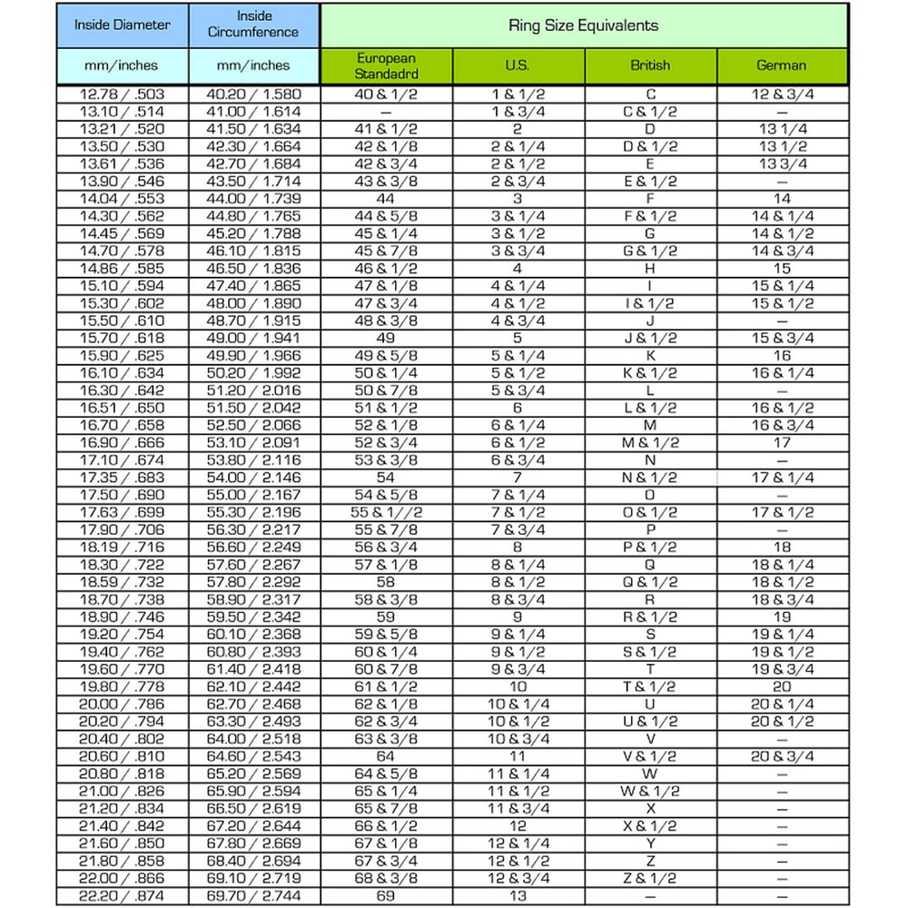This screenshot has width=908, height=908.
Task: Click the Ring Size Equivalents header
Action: click(584, 25)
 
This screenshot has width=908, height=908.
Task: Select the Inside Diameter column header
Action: click(123, 25)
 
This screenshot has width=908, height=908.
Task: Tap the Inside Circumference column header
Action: click(254, 25)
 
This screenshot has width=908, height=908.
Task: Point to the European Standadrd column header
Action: click(386, 65)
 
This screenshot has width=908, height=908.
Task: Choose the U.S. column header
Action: click(518, 65)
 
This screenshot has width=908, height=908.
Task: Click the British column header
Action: click(650, 65)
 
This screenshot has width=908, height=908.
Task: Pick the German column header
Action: click(782, 65)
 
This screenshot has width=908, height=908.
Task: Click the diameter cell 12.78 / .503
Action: click(123, 94)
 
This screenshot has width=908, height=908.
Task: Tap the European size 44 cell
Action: click(386, 199)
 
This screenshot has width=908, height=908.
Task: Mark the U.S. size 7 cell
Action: click(518, 478)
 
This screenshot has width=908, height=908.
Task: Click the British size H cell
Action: click(650, 269)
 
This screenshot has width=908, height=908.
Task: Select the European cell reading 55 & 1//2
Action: click(386, 513)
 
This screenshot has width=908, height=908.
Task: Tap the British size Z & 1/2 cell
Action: click(650, 879)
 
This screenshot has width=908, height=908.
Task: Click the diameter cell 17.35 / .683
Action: click(123, 478)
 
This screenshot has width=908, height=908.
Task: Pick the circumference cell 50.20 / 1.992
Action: click(254, 373)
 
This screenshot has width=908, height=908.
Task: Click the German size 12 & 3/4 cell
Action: click(782, 94)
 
